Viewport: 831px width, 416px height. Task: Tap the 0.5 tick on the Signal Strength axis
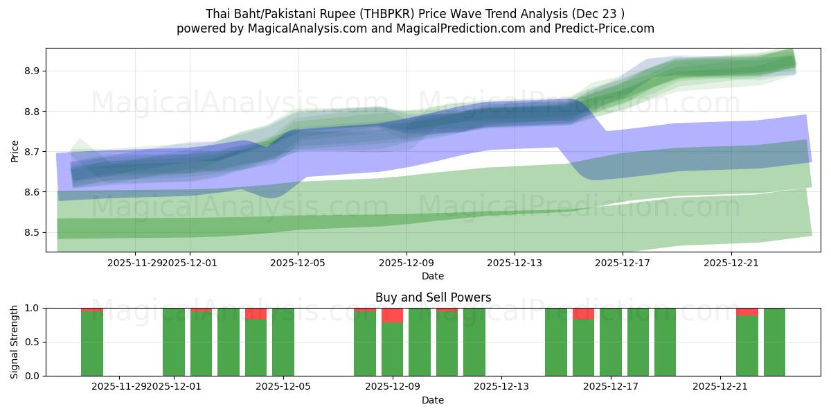tap(33, 342)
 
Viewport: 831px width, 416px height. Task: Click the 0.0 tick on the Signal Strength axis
tap(33, 376)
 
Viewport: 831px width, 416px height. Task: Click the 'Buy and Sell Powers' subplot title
tap(433, 297)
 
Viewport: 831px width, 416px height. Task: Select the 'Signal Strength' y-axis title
tap(15, 342)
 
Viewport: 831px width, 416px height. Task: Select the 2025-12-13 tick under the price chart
tap(515, 263)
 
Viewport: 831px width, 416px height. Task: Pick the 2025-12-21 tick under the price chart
tap(731, 263)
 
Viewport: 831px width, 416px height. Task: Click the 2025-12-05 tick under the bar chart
tap(284, 386)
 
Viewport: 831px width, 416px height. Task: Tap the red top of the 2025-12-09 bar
tap(393, 315)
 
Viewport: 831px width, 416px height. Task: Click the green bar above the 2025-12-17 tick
tap(611, 343)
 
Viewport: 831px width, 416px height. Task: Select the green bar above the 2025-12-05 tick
tap(283, 343)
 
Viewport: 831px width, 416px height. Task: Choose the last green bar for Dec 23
tap(774, 343)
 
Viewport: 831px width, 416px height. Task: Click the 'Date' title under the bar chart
tap(433, 400)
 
